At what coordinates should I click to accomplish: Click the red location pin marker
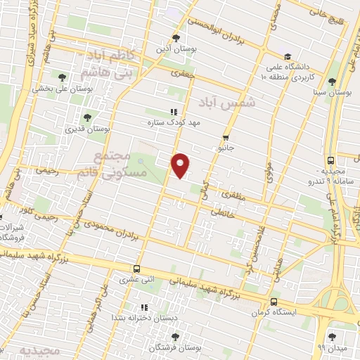coord(181,165)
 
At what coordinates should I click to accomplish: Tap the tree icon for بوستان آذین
coord(176,38)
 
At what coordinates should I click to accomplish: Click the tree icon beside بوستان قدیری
coord(87,117)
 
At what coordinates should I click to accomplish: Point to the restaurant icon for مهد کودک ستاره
coord(173,112)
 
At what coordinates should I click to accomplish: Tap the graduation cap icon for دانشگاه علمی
coord(287,57)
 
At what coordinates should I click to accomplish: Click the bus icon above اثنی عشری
coord(136,268)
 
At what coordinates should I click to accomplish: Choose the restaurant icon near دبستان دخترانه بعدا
coord(145,307)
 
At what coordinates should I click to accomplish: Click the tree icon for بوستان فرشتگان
coord(175,337)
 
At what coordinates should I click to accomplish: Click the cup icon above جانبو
coord(226,138)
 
